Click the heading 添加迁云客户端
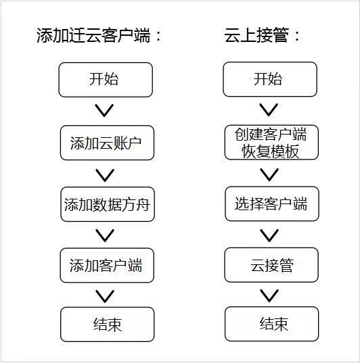tap(99, 36)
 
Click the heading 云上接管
tap(262, 35)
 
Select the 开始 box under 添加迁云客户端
tap(106, 80)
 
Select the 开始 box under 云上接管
tap(270, 79)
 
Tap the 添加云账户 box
tap(107, 143)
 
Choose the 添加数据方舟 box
tap(108, 204)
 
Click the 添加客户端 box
tap(107, 265)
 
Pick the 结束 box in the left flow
tap(108, 324)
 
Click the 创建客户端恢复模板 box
tap(271, 143)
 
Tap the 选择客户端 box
tap(272, 203)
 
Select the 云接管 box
tap(271, 265)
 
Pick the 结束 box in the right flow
tap(271, 324)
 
